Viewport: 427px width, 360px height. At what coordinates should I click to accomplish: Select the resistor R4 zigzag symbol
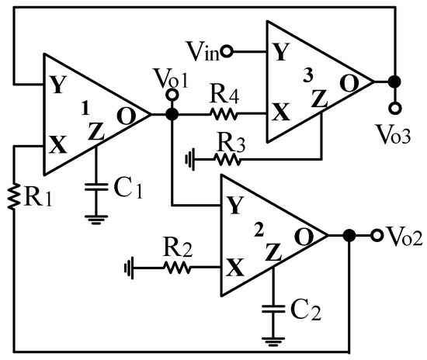point(224,114)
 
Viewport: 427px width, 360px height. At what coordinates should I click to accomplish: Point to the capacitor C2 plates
point(273,308)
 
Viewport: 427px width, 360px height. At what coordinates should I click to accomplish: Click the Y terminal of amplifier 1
point(57,83)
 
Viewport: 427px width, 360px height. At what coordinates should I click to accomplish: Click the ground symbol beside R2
point(130,268)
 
